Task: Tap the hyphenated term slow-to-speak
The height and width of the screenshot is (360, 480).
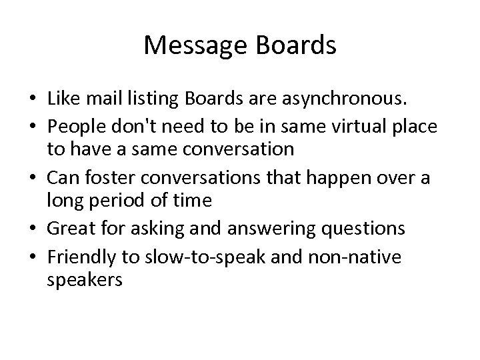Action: click(x=187, y=257)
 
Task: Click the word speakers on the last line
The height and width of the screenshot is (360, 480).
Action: click(x=85, y=279)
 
